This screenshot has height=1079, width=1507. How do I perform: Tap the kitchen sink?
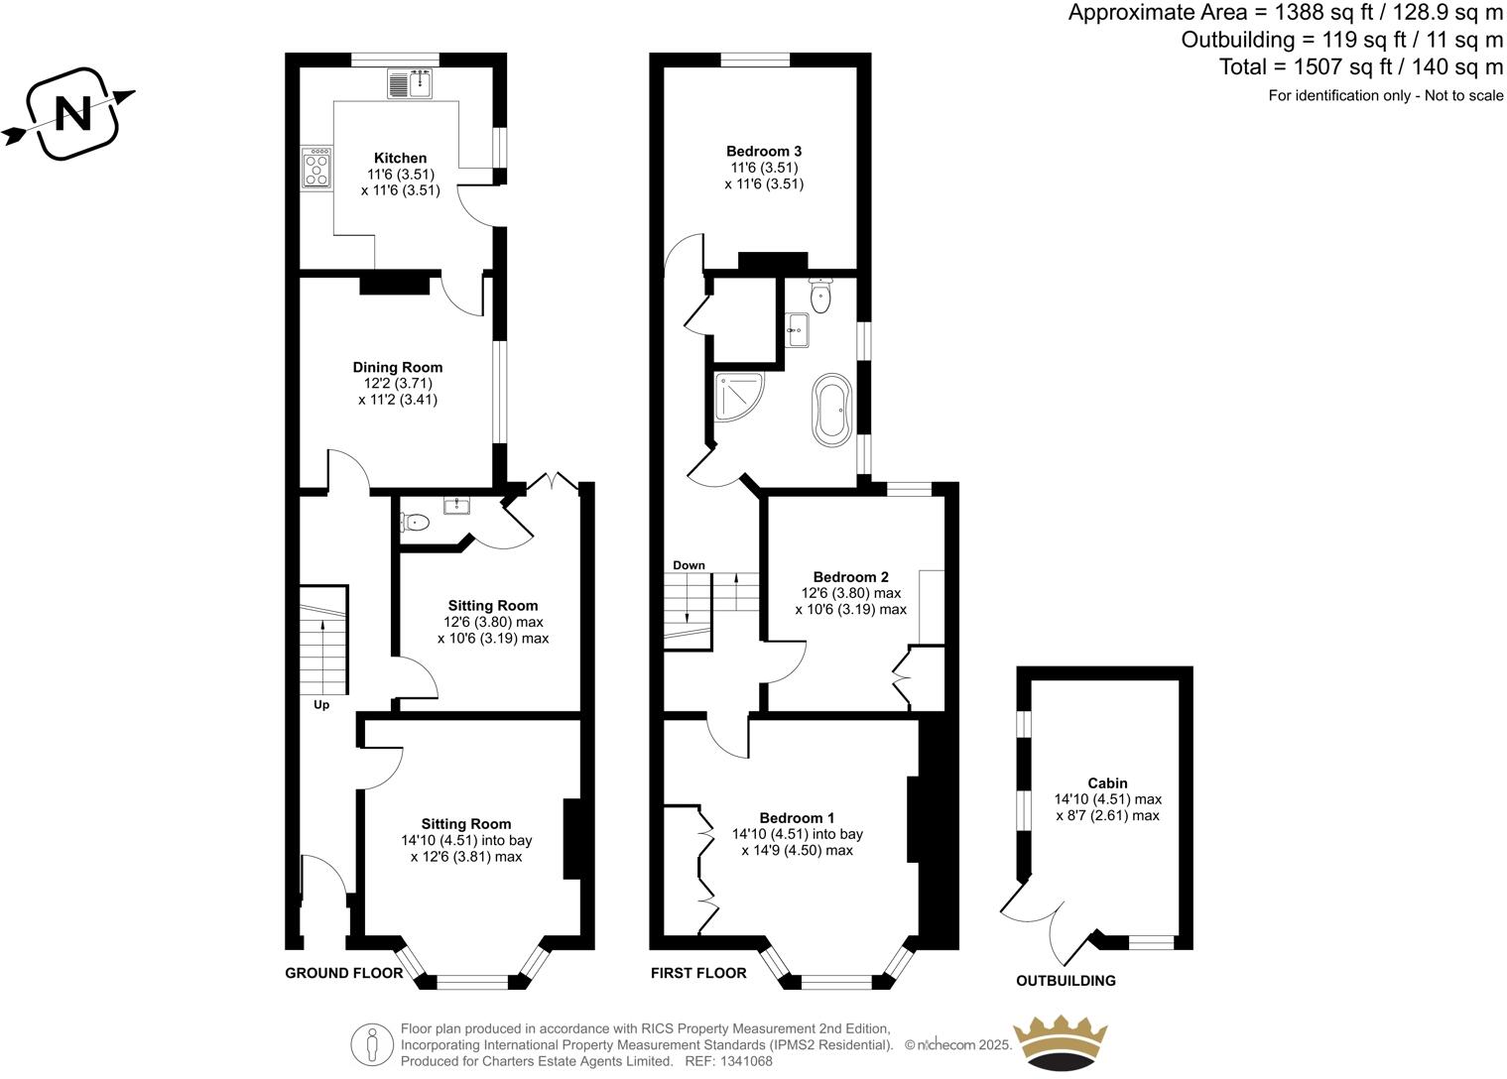410,83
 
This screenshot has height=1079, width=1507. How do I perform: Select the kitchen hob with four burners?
316,170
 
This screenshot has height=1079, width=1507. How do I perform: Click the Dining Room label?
397,367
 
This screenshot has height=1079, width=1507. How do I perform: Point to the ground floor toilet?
416,522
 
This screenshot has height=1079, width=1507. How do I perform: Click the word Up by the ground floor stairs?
321,705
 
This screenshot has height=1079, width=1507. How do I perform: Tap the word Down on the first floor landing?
689,565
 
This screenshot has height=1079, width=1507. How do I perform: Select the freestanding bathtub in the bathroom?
831,408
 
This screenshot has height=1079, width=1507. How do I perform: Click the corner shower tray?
740,397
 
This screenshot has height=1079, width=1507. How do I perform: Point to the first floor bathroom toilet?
820,294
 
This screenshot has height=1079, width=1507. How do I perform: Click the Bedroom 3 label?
764,151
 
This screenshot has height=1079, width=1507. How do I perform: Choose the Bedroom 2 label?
850,576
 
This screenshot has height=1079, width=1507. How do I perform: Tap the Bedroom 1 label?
797,818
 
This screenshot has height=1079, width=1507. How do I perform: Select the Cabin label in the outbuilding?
1107,782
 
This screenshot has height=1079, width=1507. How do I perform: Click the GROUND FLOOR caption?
343,973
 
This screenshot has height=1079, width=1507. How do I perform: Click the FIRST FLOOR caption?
698,973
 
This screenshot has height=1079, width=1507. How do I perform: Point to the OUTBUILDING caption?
1066,981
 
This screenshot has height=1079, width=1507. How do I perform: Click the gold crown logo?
1059,1041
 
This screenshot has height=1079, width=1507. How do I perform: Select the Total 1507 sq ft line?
1361,67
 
